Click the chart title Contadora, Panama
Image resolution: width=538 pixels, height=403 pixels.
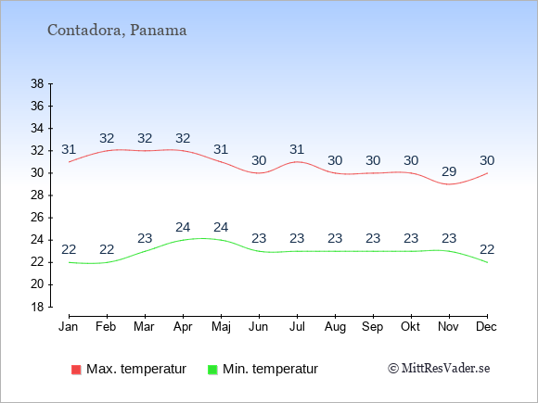pos(117,31)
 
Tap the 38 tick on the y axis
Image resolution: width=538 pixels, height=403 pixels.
pos(37,83)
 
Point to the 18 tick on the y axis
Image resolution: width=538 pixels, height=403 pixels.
pos(37,307)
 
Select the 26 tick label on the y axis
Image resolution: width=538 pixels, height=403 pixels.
pos(37,218)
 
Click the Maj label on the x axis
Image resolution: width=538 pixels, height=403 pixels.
pos(221,327)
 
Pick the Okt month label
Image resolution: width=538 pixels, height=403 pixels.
pos(410,327)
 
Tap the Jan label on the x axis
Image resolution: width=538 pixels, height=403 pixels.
pos(69,327)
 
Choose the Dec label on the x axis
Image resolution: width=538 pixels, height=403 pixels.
pos(486,327)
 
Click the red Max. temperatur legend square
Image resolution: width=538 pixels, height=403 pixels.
pos(76,370)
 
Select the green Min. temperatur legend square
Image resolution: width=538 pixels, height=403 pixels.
pos(212,370)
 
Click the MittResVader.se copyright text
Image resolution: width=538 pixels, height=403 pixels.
pos(439,369)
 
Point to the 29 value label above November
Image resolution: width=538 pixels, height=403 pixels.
pos(449,171)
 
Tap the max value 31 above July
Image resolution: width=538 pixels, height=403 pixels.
pos(297,149)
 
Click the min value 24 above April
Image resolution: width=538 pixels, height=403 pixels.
pos(183,227)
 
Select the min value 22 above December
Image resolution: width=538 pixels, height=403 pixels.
pos(487,249)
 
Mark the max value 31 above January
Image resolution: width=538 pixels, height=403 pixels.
pos(69,149)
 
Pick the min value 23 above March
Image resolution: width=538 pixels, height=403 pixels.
pos(145,238)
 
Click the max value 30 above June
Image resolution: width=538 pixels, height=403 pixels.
pos(259,160)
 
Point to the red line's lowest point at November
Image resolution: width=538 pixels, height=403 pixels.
pos(449,184)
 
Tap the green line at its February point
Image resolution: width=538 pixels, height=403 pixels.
pos(107,262)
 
